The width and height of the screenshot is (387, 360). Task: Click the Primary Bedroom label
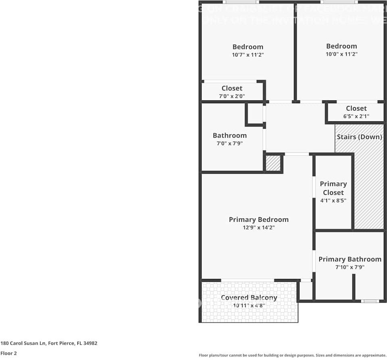(x=258, y=220)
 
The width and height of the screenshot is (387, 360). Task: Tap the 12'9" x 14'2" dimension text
(x=258, y=228)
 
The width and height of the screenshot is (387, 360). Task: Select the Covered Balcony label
(x=249, y=298)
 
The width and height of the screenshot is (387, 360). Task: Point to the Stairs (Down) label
(x=359, y=137)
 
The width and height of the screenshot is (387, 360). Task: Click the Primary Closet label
(x=333, y=188)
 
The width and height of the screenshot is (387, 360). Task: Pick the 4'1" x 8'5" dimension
(x=333, y=200)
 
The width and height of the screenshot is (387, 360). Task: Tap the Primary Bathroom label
(x=350, y=259)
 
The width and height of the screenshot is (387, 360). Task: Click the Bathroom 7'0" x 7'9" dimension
(x=229, y=144)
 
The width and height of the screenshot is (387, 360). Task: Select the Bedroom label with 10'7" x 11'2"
(x=248, y=47)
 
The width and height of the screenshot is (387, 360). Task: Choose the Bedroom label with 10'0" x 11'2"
(x=341, y=46)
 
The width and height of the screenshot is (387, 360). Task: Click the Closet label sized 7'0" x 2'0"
(x=232, y=88)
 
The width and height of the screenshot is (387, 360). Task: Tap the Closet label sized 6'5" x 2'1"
(x=356, y=108)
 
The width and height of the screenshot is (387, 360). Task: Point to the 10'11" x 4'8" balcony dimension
(x=249, y=306)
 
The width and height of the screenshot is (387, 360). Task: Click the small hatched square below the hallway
(x=273, y=163)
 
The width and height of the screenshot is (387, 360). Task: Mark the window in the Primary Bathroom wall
(x=369, y=301)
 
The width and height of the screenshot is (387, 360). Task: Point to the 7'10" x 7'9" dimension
(x=350, y=267)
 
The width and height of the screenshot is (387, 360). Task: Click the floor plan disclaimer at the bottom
(x=292, y=355)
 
